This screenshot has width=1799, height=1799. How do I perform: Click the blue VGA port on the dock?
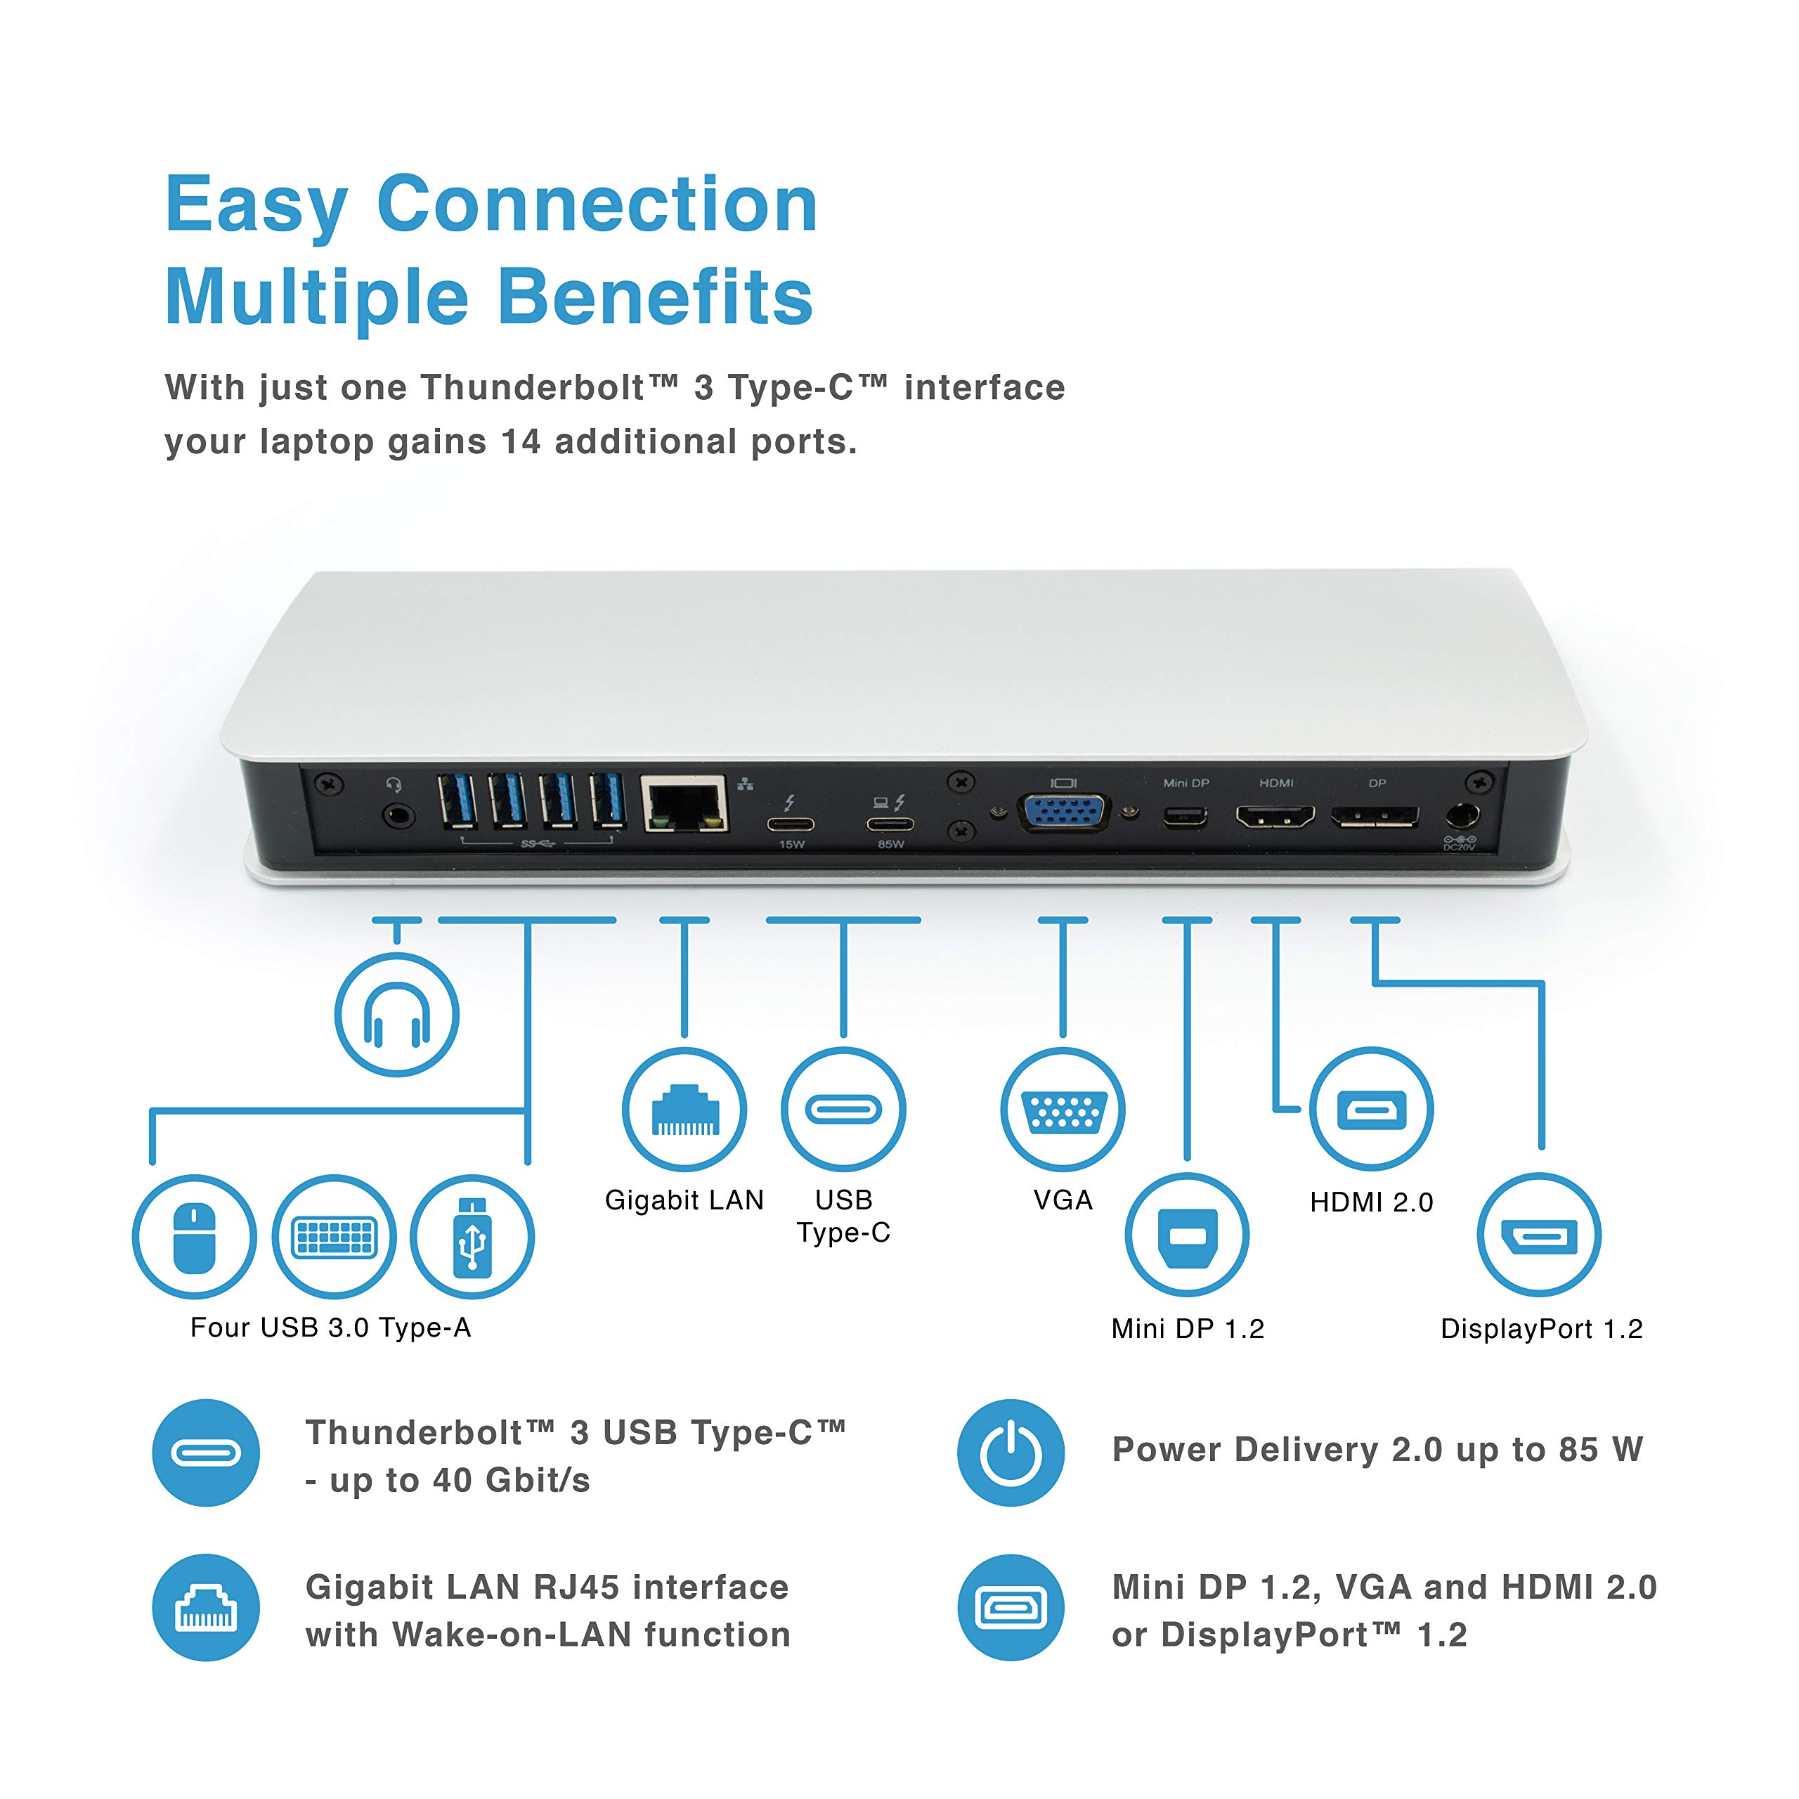(x=1065, y=814)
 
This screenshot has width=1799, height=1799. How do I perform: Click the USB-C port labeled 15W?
(x=791, y=823)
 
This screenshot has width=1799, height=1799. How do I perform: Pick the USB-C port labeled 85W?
(x=890, y=823)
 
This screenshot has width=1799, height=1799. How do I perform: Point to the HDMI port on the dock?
(x=1275, y=817)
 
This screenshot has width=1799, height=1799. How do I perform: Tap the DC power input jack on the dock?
(x=1461, y=817)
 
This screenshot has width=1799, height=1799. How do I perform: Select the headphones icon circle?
(x=396, y=1015)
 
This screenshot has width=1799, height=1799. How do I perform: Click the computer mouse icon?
(x=195, y=1237)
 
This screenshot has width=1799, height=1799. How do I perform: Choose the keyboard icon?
(x=335, y=1237)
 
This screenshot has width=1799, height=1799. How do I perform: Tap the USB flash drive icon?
(x=473, y=1237)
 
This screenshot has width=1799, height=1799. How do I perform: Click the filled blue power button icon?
(x=1011, y=1453)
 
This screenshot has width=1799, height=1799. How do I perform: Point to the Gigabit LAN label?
(x=684, y=1200)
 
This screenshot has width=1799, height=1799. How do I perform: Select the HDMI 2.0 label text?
(x=1370, y=1202)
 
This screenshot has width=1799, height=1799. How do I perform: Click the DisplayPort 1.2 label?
(x=1541, y=1329)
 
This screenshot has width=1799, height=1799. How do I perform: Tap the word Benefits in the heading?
(x=656, y=298)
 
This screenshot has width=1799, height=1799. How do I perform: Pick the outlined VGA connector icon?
(x=1063, y=1110)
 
